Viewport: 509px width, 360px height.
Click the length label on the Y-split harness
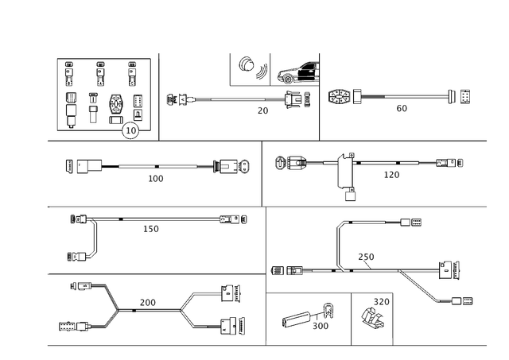coord(148,300)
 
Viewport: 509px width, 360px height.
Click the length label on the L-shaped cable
coord(150,229)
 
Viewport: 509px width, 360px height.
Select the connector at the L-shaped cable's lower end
coord(80,256)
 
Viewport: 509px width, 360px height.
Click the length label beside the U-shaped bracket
coord(390,173)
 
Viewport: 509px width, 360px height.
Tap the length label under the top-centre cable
coord(262,110)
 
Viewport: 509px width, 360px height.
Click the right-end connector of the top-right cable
coord(460,98)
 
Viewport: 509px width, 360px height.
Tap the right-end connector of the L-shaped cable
coord(233,217)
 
